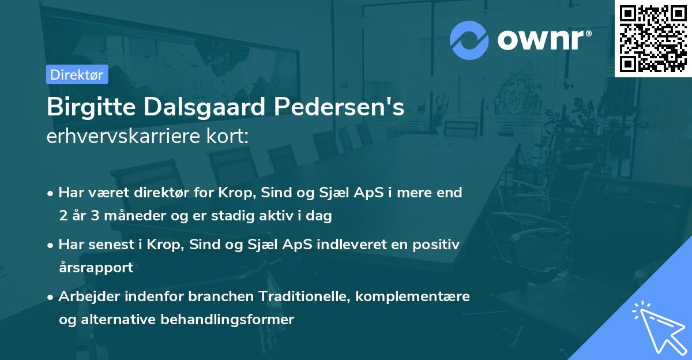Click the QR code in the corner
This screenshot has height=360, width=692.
pos(653,38)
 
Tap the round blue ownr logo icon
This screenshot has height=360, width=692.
pos(469,40)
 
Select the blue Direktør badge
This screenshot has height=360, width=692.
pos(77,74)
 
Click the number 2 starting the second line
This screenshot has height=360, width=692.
pos(62,216)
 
